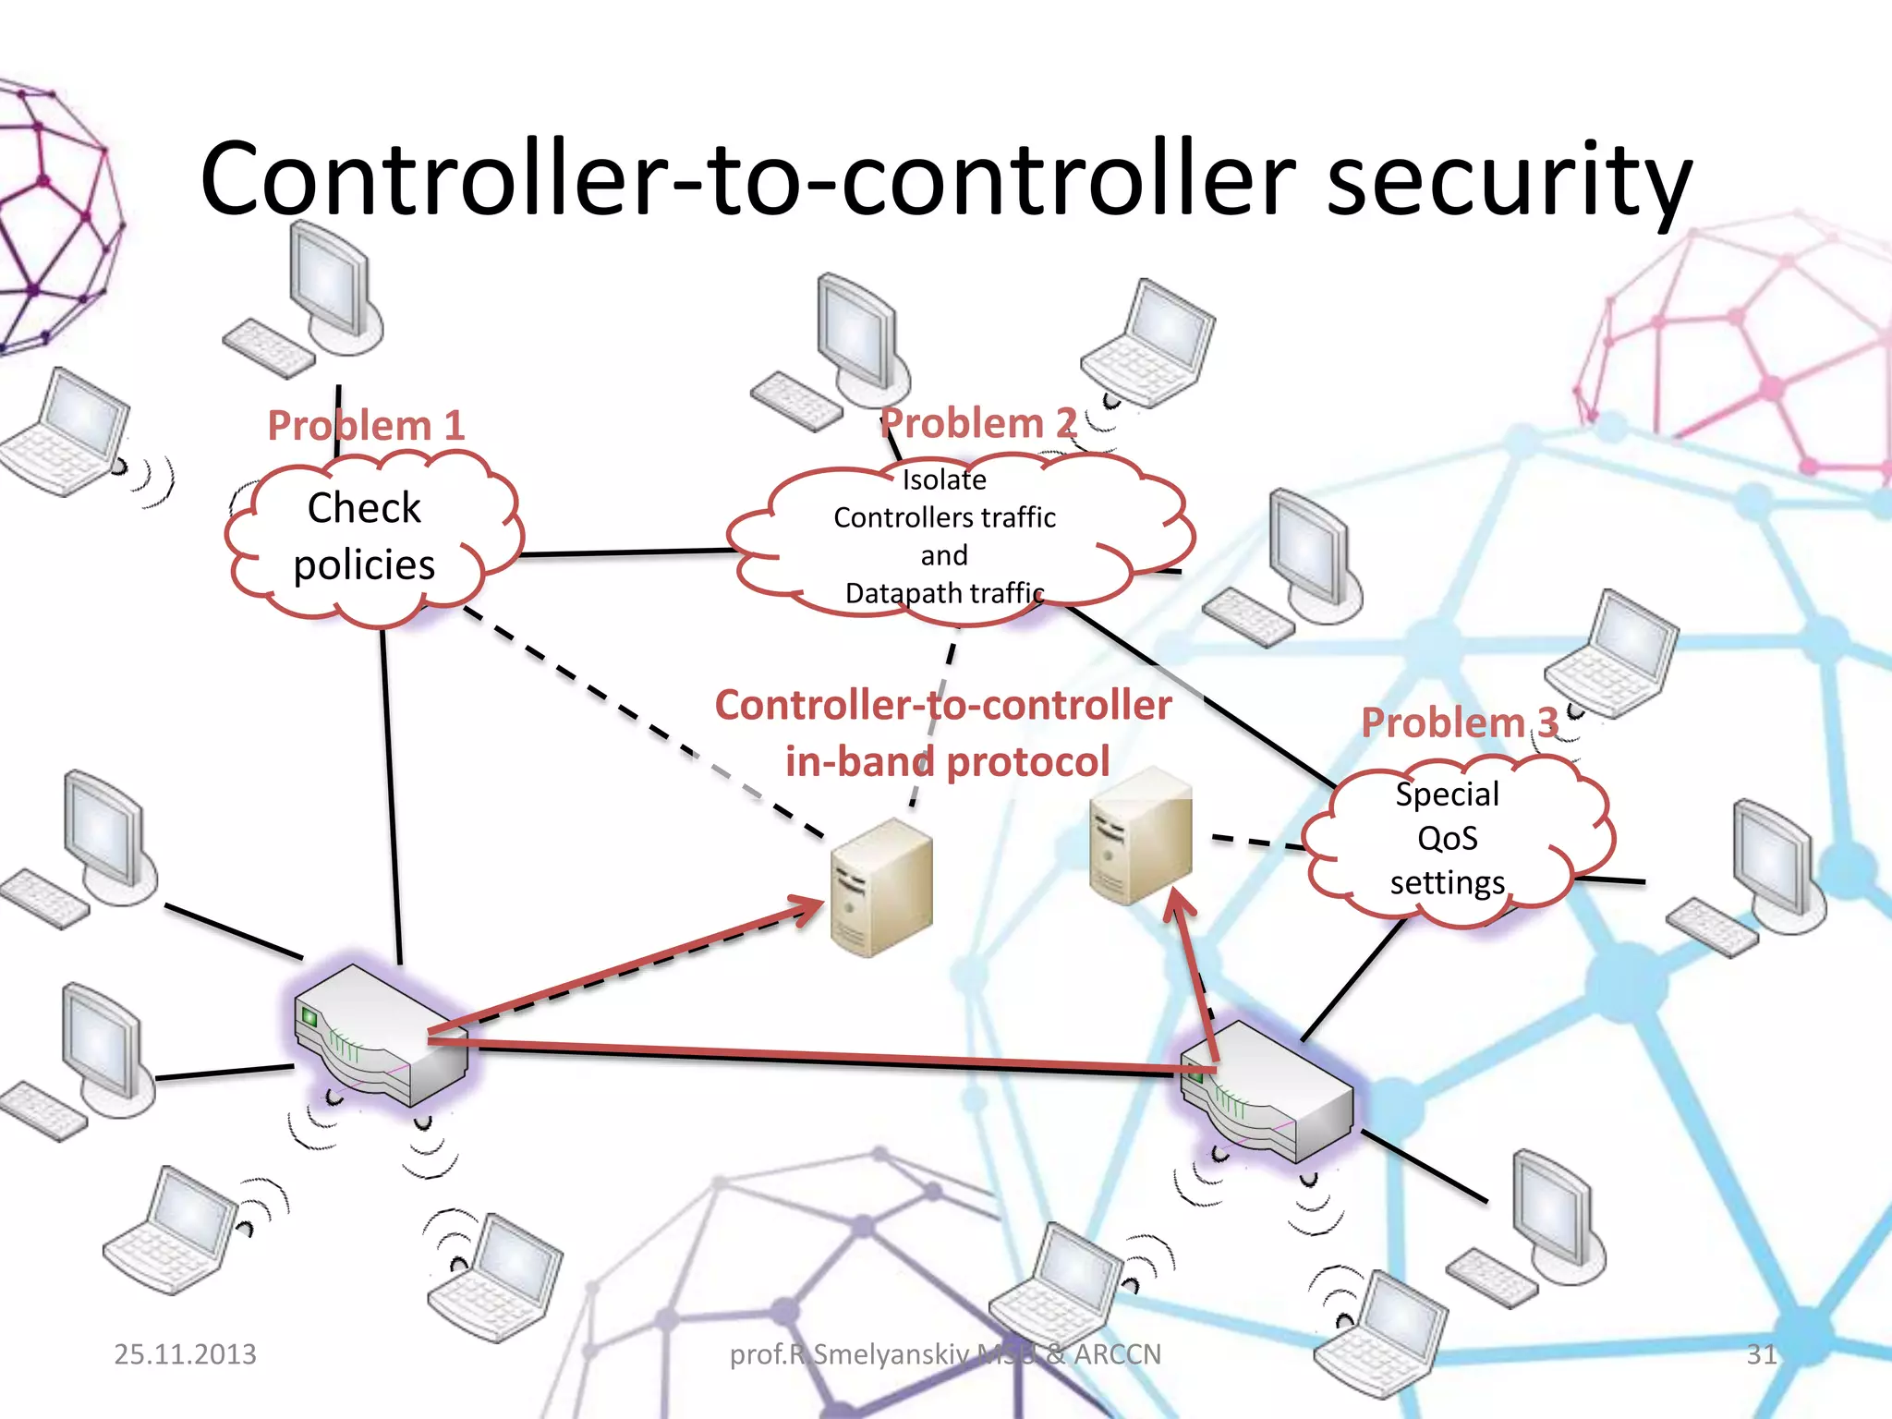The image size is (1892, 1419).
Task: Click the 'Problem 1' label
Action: (x=365, y=426)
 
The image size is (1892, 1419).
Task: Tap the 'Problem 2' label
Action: (x=977, y=423)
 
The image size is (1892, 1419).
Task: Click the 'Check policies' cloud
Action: (x=365, y=536)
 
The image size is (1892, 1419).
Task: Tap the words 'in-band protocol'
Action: (x=947, y=762)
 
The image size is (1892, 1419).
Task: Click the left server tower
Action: (x=880, y=887)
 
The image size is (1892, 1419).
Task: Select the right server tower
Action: (x=1140, y=836)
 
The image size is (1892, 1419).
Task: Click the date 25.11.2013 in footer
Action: (x=185, y=1354)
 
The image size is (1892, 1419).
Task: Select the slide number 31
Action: (x=1761, y=1354)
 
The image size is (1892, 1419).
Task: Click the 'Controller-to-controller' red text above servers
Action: (x=942, y=706)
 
